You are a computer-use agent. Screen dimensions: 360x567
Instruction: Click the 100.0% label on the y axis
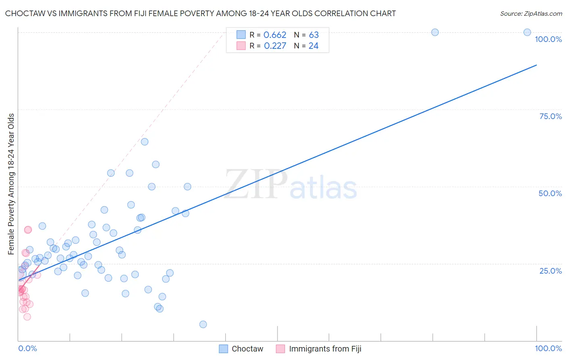click(548, 39)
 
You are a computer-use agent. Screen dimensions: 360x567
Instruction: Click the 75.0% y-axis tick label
click(550, 116)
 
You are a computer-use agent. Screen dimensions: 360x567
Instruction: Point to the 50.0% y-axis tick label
click(550, 193)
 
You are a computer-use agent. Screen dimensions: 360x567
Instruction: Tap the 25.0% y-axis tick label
click(550, 270)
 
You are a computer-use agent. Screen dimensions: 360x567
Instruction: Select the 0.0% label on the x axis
click(27, 348)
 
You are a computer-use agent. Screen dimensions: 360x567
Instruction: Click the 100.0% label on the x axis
click(548, 348)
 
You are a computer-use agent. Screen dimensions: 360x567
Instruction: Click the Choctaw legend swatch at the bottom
click(223, 349)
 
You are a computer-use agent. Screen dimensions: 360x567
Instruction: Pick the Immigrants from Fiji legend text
click(325, 349)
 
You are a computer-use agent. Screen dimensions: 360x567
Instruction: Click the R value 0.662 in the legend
click(275, 35)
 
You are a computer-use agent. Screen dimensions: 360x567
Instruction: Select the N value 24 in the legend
click(313, 46)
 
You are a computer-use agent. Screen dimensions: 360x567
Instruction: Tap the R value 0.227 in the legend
click(275, 46)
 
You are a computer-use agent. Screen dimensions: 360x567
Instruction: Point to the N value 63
click(314, 35)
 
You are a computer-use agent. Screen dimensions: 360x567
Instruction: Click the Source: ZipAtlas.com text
click(531, 14)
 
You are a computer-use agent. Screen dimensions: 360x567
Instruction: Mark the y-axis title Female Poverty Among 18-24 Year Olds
click(11, 184)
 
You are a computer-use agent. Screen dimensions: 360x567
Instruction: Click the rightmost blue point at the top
click(527, 32)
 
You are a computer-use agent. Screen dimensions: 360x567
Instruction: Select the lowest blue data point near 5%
click(203, 324)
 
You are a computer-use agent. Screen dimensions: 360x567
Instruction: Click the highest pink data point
click(28, 230)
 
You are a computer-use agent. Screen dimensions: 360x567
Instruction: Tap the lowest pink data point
click(27, 317)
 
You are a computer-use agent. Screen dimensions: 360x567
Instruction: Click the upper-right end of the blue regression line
click(536, 65)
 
